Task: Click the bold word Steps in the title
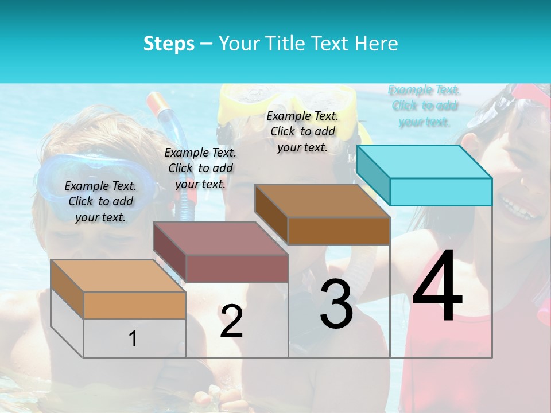click(169, 44)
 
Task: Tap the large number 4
click(437, 286)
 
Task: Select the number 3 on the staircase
click(336, 305)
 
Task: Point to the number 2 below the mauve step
click(231, 321)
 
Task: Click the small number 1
click(133, 338)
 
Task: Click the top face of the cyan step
click(425, 161)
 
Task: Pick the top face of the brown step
click(322, 201)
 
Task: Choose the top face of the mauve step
click(220, 239)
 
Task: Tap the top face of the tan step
click(118, 276)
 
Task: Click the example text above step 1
click(100, 201)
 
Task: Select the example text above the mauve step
click(200, 168)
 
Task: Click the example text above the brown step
click(302, 131)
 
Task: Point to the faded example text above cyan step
click(424, 106)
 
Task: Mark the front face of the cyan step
click(441, 192)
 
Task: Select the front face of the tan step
click(134, 305)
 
